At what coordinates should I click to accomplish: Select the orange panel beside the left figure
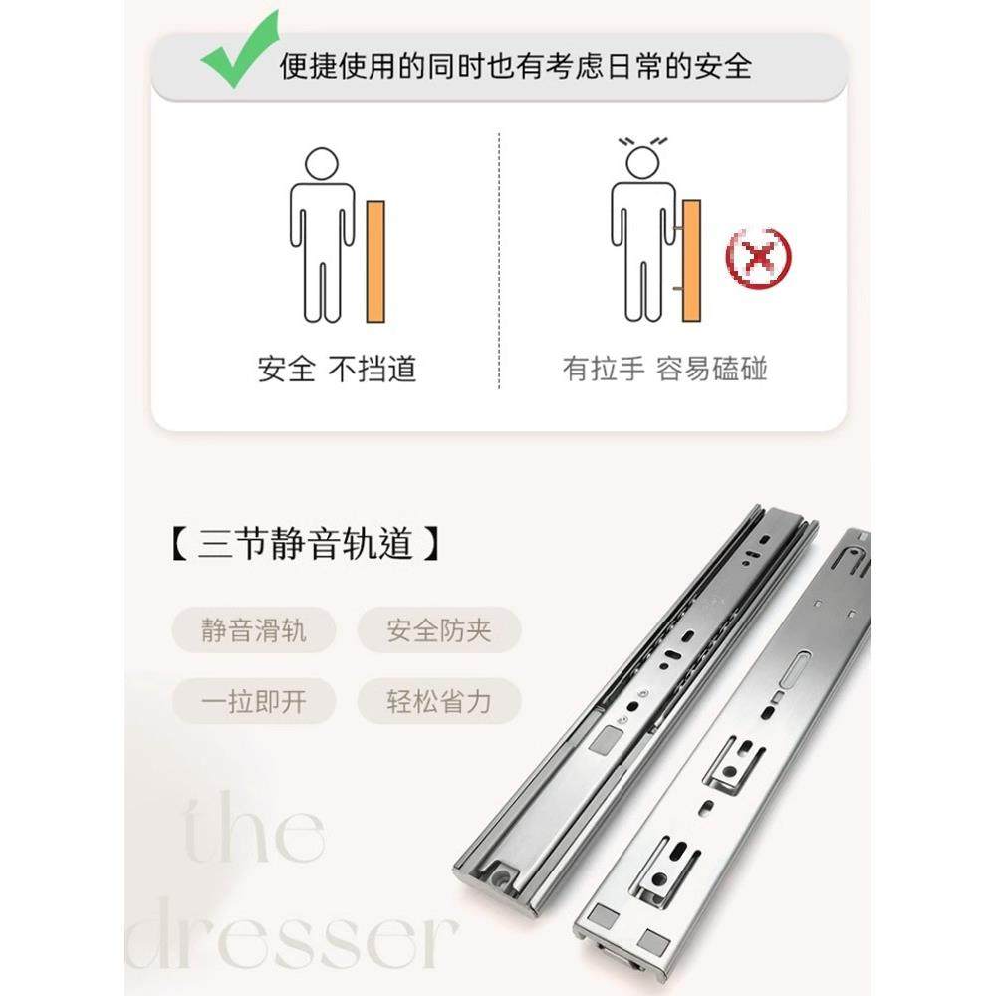[x=375, y=261]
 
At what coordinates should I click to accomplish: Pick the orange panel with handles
[x=691, y=261]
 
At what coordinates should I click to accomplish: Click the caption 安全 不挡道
[x=337, y=370]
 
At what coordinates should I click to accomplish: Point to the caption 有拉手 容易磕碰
[x=665, y=370]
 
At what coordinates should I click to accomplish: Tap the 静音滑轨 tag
[x=254, y=630]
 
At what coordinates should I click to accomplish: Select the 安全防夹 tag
[x=439, y=630]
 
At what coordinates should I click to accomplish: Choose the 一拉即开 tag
[x=254, y=702]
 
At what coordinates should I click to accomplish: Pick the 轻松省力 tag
[x=439, y=702]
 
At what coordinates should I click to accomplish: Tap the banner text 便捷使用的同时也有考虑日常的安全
[x=516, y=66]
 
